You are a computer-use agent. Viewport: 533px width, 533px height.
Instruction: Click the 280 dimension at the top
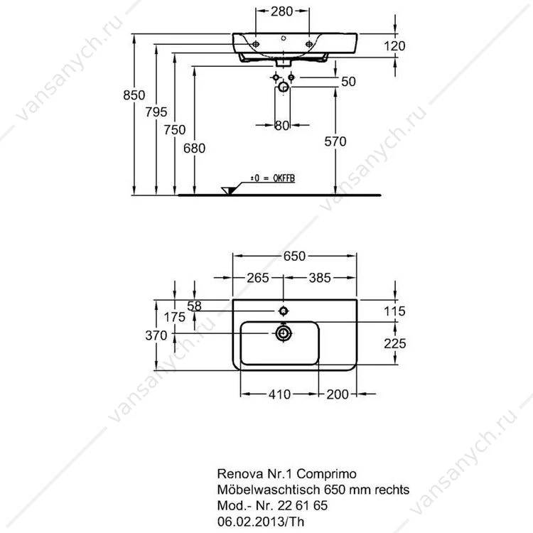(x=282, y=11)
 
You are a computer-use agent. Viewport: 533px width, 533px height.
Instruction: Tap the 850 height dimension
(x=134, y=95)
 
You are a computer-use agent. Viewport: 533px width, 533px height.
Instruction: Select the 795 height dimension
(x=156, y=112)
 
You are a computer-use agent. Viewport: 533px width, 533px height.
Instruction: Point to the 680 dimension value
(x=194, y=149)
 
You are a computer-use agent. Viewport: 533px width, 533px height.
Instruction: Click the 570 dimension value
(x=335, y=141)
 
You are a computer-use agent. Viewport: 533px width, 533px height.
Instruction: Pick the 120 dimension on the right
(x=394, y=46)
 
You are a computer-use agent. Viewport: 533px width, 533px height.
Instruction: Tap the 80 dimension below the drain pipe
(x=282, y=125)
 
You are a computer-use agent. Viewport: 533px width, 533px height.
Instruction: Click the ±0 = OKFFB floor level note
(x=273, y=178)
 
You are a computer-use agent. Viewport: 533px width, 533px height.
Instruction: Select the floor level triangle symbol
(x=228, y=190)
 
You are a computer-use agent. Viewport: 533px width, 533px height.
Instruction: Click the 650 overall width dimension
(x=294, y=256)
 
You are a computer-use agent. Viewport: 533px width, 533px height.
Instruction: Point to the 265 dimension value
(x=258, y=278)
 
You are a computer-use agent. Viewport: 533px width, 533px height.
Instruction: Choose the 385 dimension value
(x=320, y=278)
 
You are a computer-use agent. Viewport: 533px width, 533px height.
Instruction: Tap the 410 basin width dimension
(x=280, y=394)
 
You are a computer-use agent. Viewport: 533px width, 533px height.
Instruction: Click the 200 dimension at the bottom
(x=338, y=394)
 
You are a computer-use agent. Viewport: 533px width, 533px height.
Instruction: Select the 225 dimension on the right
(x=395, y=343)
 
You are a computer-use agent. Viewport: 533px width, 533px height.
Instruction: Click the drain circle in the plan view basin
(x=283, y=333)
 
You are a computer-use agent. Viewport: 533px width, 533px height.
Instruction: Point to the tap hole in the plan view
(x=283, y=311)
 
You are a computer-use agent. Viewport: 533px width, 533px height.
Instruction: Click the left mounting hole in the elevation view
(x=256, y=44)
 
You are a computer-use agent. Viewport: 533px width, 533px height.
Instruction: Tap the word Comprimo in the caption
(x=326, y=474)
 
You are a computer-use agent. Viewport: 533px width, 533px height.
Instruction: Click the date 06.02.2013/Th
(x=261, y=522)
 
